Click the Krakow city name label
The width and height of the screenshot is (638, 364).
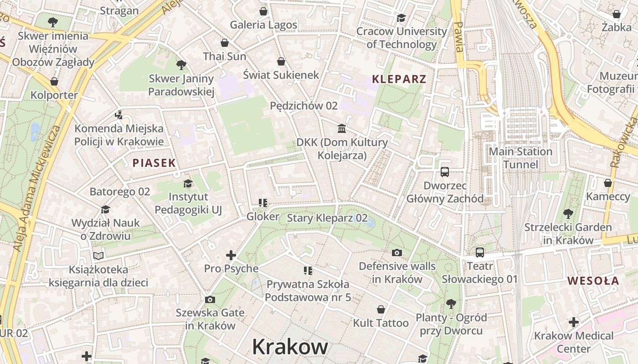[x=290, y=347]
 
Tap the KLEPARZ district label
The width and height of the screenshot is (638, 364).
[x=399, y=79]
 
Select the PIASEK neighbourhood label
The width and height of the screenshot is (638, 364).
[x=154, y=163]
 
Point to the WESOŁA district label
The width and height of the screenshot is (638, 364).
[x=593, y=281]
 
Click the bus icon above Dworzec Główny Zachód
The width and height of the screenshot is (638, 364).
[x=445, y=172]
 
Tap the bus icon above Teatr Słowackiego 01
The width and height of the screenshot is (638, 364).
[x=480, y=253]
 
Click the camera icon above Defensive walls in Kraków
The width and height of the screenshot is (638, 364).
[x=397, y=253]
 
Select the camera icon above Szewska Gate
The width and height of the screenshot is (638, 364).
[x=210, y=299]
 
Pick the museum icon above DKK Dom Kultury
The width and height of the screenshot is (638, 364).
[x=342, y=129]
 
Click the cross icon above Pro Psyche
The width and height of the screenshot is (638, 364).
[x=231, y=255]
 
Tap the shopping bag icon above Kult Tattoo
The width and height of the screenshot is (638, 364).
[x=381, y=310]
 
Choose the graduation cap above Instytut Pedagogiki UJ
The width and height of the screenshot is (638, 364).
[x=188, y=183]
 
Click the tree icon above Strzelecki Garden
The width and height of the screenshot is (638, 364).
[x=568, y=213]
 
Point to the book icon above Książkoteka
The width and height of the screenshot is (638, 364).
[x=98, y=256]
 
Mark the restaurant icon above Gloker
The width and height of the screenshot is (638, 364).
[x=262, y=203]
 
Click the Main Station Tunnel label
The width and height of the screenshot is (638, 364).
[x=520, y=158]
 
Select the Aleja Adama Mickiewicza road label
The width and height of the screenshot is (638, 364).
[x=37, y=188]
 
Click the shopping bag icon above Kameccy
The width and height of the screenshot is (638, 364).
[x=607, y=183]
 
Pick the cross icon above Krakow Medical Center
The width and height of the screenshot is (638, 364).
[x=574, y=323]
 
